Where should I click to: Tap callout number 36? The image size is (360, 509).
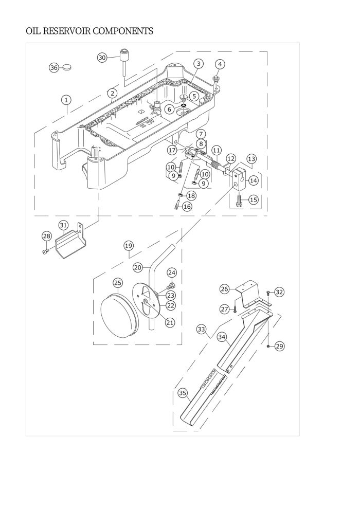[x=54, y=68]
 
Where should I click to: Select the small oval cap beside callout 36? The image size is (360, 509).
[x=67, y=67]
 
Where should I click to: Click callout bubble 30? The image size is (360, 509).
[x=102, y=58]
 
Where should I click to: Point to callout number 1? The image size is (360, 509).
[x=67, y=99]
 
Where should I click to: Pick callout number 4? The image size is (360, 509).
[x=220, y=64]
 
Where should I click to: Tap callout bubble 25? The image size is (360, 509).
[x=118, y=283]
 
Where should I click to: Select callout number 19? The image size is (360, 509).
[x=128, y=246]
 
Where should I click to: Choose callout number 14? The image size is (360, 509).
[x=253, y=180]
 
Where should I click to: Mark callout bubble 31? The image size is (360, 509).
[x=63, y=225]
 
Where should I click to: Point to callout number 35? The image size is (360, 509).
[x=182, y=393]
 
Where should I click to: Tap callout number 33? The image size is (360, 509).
[x=201, y=328]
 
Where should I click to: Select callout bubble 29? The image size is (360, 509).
[x=279, y=347]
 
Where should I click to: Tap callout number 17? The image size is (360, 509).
[x=172, y=150]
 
